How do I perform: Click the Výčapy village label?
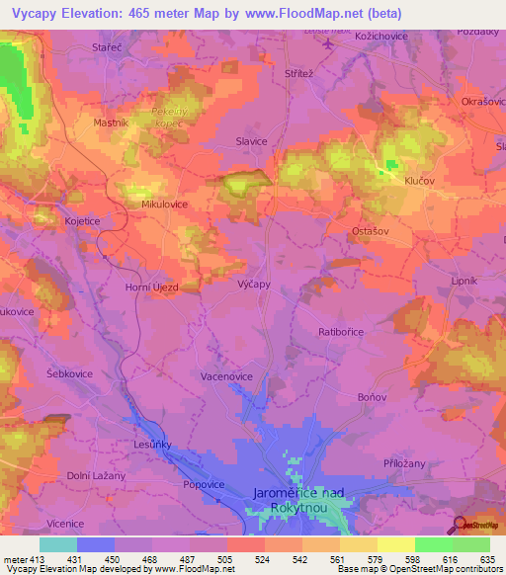tap(254, 283)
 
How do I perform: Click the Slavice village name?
tap(251, 141)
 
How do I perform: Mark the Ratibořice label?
tap(344, 333)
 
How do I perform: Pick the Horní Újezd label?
tap(150, 287)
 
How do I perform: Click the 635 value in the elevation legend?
tap(484, 559)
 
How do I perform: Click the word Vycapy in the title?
tap(39, 15)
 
